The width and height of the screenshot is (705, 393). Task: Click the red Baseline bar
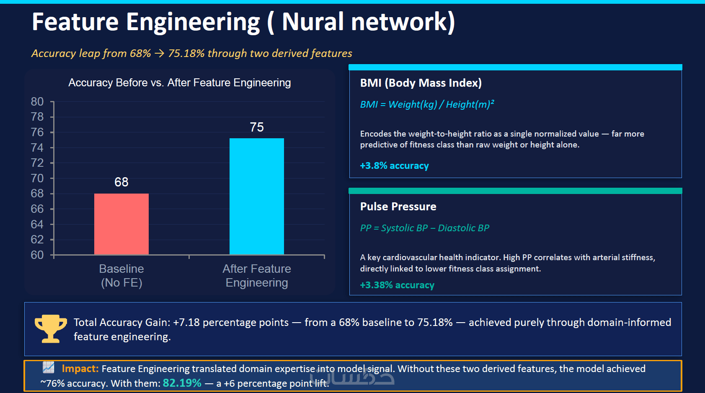click(121, 224)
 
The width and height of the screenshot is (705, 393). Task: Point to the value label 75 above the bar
click(257, 127)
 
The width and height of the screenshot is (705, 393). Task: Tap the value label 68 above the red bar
click(121, 182)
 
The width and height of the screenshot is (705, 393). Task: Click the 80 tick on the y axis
click(37, 102)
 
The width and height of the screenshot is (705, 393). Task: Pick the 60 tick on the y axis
click(37, 255)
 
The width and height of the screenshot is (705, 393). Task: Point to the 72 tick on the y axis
click(37, 163)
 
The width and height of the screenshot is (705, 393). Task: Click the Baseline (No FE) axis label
click(121, 276)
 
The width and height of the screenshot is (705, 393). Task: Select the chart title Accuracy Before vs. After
click(179, 83)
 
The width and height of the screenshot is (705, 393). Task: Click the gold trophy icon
click(50, 328)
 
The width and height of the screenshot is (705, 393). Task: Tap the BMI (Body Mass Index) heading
click(421, 83)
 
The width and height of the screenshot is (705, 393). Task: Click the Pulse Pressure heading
click(398, 207)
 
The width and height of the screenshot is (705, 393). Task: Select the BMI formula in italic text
click(427, 104)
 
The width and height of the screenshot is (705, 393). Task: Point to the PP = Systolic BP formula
click(424, 228)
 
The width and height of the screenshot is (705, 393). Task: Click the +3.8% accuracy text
click(394, 165)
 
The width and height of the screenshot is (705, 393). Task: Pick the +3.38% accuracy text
click(397, 285)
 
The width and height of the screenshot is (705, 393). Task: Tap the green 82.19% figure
click(182, 383)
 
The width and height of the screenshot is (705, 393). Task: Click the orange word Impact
click(80, 369)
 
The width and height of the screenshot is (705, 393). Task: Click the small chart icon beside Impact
click(49, 367)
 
